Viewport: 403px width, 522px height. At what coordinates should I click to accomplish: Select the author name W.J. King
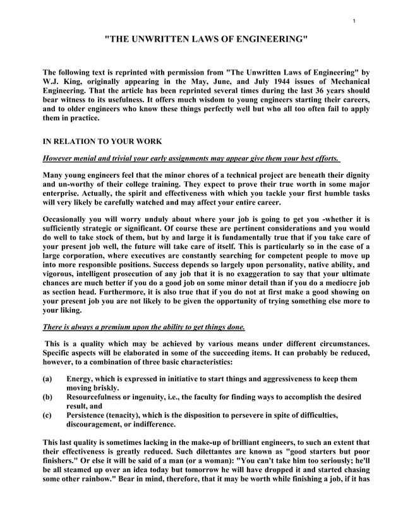(x=65, y=81)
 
